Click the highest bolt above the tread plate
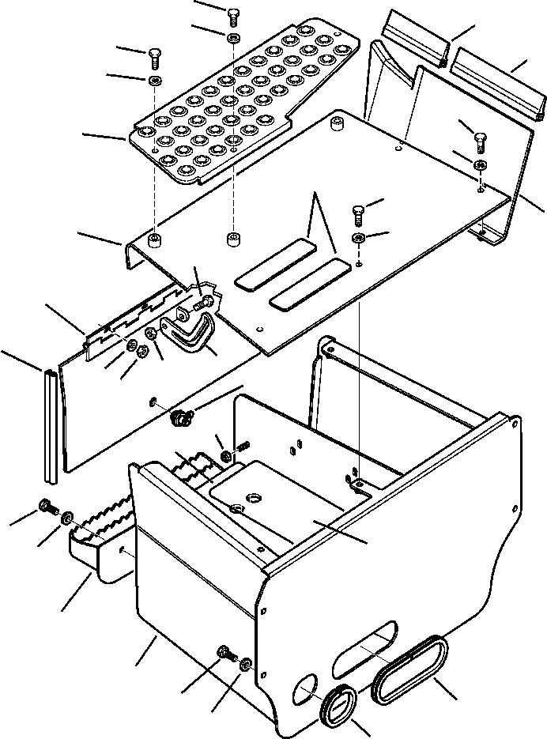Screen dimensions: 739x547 [x=232, y=15]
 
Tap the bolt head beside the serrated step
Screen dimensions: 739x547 [x=44, y=506]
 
